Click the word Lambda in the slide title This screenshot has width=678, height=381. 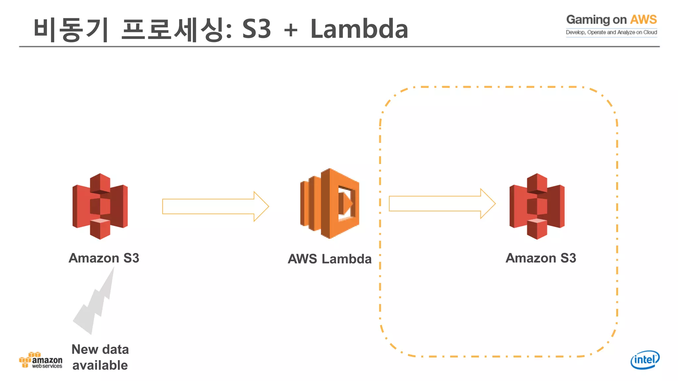pos(359,29)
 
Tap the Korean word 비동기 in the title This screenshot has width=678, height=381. pos(71,30)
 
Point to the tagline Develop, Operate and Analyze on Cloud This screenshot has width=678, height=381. pos(611,32)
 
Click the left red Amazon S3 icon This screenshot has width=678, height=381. pos(100,206)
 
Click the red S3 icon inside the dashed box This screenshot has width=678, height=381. pos(537,206)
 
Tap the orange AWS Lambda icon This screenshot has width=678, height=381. pos(330,203)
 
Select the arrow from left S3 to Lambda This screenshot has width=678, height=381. pos(215,206)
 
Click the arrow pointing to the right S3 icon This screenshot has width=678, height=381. pos(442,203)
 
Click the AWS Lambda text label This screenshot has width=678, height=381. pos(329,259)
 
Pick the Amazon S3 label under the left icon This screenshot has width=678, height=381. pos(104,258)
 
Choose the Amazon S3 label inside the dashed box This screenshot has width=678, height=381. pos(541,258)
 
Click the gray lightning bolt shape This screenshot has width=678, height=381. pos(95,304)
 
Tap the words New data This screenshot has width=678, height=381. pos(100,350)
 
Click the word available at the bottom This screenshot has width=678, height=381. pos(100,365)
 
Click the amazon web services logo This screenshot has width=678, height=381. pos(41,360)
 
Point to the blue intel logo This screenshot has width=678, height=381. pos(645,360)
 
